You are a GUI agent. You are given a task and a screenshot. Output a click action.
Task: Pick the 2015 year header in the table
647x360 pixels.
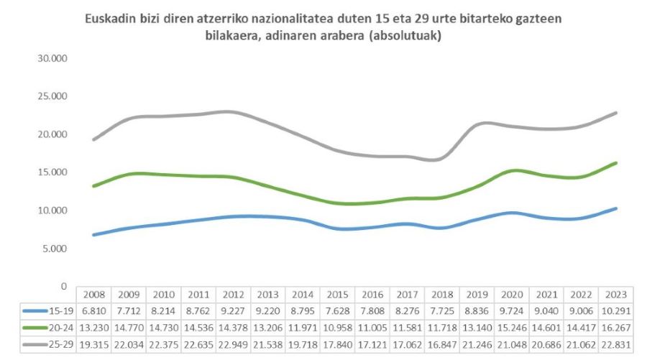337,295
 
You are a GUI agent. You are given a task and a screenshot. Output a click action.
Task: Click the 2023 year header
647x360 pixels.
615,295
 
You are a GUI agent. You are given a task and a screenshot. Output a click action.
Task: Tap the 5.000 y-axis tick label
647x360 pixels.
54,249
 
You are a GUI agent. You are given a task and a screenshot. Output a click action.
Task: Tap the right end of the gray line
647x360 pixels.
616,113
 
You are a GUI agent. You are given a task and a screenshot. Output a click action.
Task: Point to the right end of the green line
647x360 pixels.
616,163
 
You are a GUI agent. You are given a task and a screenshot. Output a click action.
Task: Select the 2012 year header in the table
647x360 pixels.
233,295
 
